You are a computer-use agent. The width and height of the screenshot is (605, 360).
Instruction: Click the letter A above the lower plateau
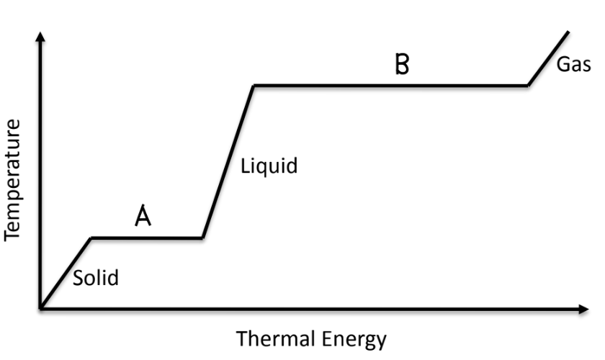pos(143,215)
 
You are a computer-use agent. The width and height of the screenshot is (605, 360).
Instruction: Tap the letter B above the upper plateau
pos(402,63)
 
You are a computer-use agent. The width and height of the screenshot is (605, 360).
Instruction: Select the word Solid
pos(96,278)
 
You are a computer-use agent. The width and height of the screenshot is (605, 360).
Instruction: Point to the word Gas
pos(573,64)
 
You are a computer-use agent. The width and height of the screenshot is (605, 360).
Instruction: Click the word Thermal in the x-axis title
pos(275,338)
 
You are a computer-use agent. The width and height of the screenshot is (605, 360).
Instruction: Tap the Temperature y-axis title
pos(12,180)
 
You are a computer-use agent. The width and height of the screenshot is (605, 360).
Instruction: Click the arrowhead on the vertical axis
pos(40,36)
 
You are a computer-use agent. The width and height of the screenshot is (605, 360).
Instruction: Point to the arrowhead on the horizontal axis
pos(584,309)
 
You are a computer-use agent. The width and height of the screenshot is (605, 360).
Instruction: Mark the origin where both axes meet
pos(40,309)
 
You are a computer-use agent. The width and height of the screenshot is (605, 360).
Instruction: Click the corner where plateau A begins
pos(91,238)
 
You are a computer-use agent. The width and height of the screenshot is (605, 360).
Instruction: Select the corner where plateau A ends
pos(202,238)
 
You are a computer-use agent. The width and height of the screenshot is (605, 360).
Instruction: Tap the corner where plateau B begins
pos(254,85)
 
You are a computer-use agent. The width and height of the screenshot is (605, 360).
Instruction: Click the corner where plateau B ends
pos(528,85)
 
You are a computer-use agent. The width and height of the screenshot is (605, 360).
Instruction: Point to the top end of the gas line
pos(568,32)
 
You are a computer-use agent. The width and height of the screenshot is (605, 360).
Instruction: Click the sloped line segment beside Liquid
pos(228,162)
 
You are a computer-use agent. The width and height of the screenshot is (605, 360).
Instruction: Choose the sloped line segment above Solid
pos(66,274)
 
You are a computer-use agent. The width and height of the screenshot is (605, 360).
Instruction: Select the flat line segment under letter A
pos(147,238)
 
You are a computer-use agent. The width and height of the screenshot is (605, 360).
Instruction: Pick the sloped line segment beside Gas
pos(548,58)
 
